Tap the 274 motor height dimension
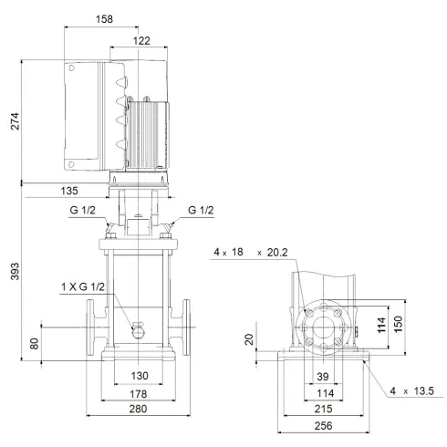coord(13,121)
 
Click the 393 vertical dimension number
coord(13,277)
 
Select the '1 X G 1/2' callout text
coord(81,289)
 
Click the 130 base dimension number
coord(140,376)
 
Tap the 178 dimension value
coord(140,394)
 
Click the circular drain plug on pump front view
coord(140,329)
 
